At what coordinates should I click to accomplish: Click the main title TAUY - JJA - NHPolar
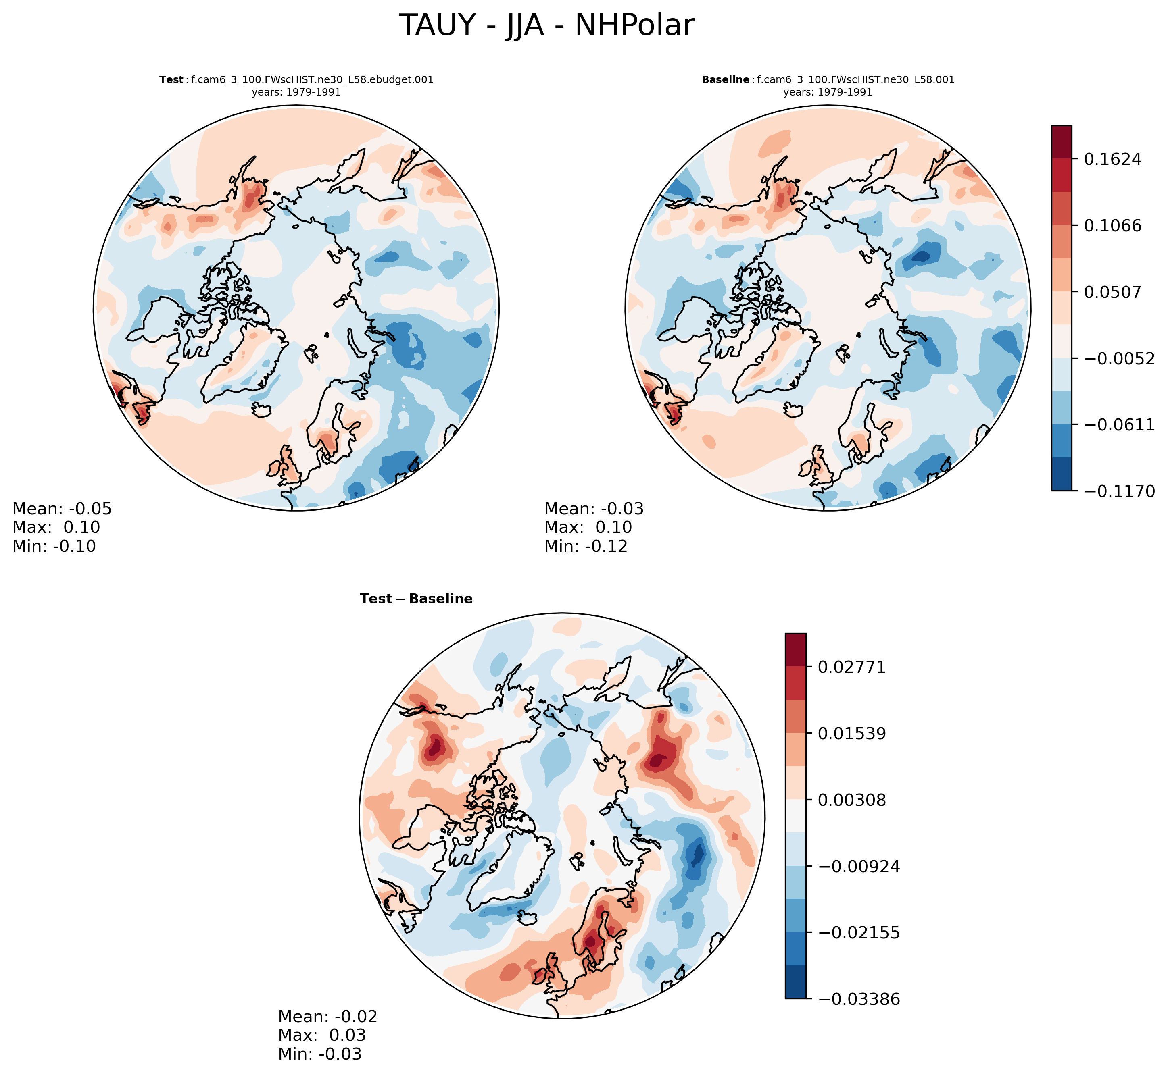546,26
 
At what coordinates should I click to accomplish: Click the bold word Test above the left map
171,80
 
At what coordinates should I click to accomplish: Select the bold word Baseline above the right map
725,80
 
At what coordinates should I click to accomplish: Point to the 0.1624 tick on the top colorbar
1112,159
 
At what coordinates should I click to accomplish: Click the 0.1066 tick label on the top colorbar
1112,226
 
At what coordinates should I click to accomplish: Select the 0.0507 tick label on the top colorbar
1112,292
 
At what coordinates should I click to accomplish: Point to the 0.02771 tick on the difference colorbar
851,667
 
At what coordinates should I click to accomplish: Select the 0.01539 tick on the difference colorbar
851,734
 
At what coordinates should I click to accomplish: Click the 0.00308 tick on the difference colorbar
851,800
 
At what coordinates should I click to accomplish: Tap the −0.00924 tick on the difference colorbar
858,867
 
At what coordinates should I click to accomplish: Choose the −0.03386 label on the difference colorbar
858,999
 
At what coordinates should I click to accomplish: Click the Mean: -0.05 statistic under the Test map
62,509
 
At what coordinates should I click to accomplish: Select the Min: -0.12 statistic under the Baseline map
586,546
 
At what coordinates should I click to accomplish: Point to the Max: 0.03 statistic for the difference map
322,1035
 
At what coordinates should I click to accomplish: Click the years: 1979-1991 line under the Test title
296,92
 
